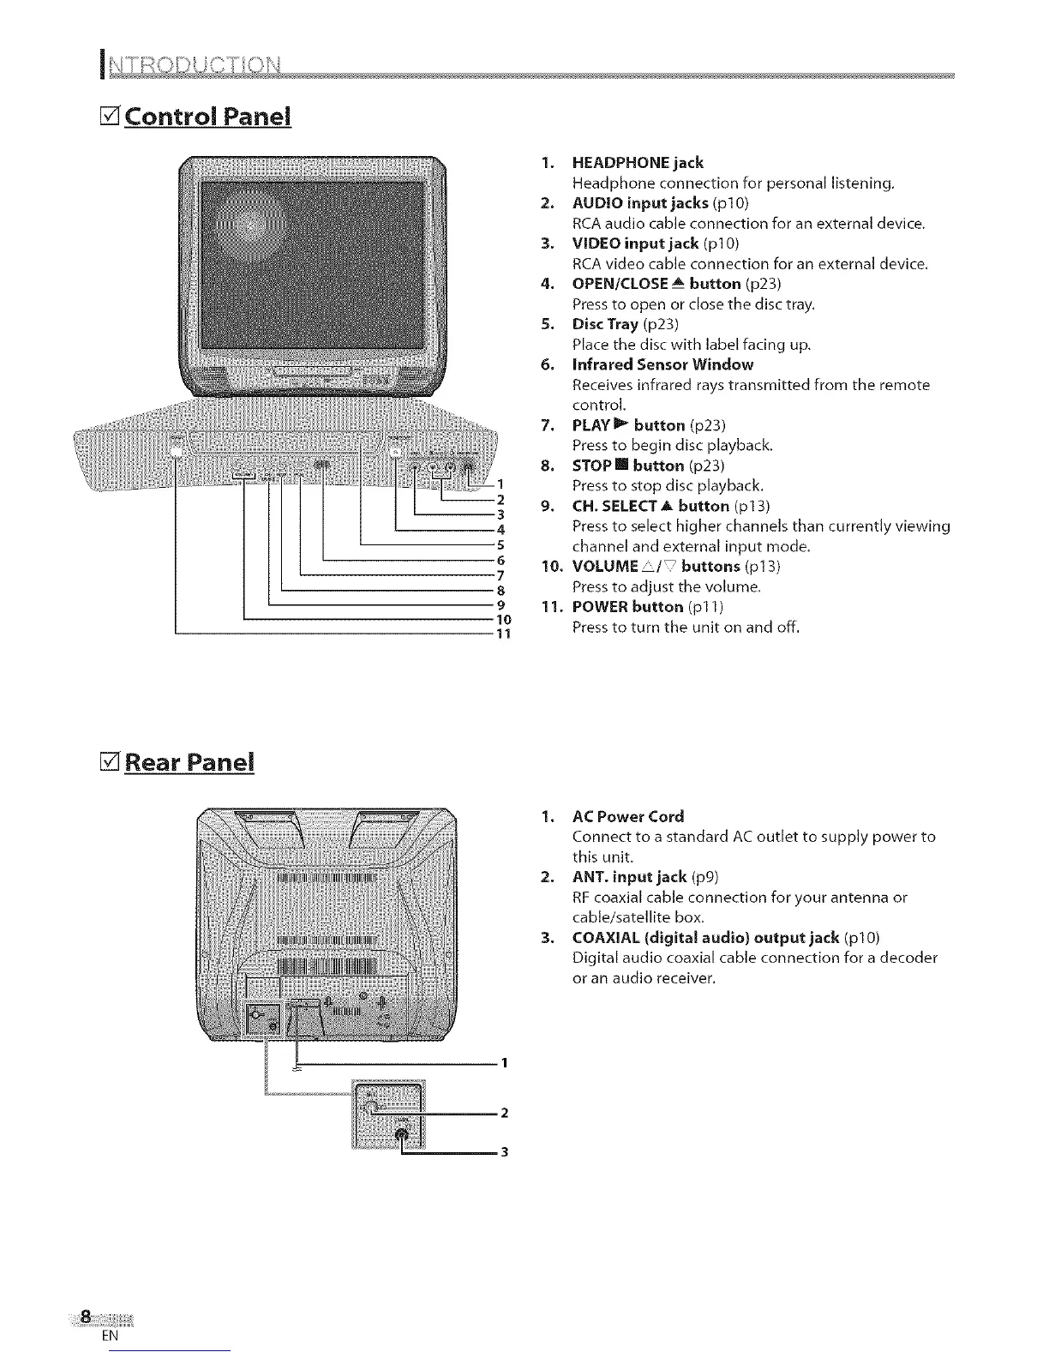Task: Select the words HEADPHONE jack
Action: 638,163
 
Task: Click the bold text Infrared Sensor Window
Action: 662,364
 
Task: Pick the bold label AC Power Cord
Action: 628,816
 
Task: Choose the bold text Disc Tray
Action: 605,324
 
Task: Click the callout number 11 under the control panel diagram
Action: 504,634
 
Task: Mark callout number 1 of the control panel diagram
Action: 501,483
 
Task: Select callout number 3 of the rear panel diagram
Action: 505,1152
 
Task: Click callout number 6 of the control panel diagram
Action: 501,560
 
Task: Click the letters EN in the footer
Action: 108,1337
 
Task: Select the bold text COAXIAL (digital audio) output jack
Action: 705,937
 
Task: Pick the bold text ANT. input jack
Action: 629,876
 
